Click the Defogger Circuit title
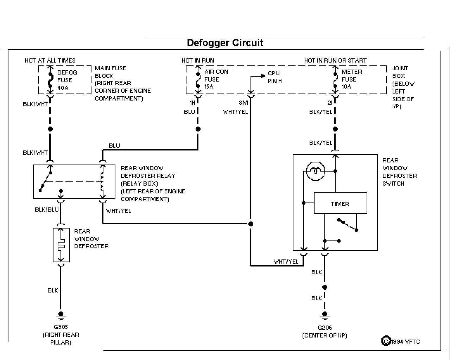tap(225, 43)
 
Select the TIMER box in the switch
tap(341, 202)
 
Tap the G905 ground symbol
tap(61, 315)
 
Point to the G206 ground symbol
tap(325, 315)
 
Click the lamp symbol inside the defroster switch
tap(316, 171)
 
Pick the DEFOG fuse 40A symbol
tap(50, 80)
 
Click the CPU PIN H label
tap(274, 77)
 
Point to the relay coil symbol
tap(102, 181)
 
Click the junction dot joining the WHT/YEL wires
tap(251, 224)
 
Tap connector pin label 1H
tap(192, 103)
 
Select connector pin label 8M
tap(243, 103)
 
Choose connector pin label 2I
tap(330, 103)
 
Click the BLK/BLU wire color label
tap(47, 210)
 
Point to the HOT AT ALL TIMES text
tap(50, 60)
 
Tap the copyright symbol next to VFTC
tap(386, 341)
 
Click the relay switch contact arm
tap(45, 181)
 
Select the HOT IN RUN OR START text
tap(335, 60)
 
